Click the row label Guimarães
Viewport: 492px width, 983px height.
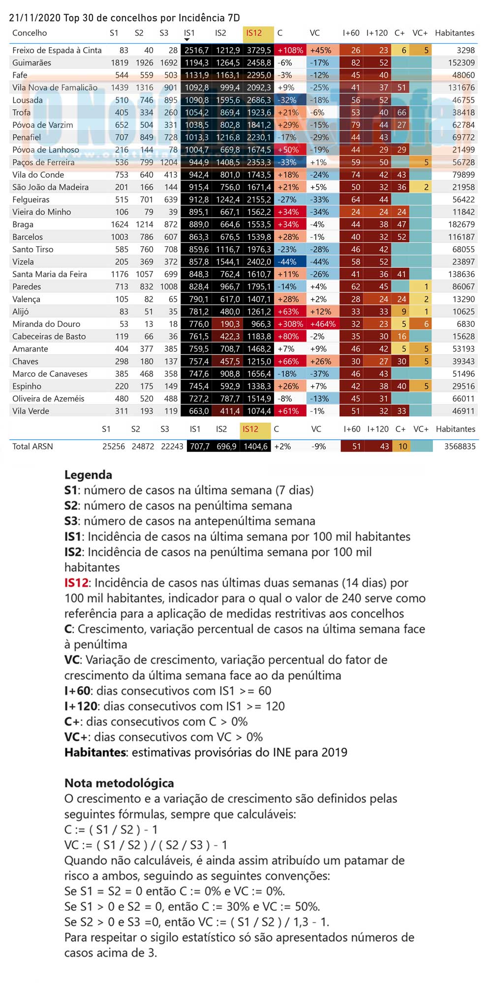[31, 62]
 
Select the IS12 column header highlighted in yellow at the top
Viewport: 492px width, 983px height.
[254, 33]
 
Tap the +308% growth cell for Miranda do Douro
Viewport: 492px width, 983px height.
[290, 324]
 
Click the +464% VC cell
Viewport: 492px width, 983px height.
[323, 324]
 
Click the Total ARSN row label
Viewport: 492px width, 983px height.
[32, 446]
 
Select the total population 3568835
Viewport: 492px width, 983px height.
[460, 446]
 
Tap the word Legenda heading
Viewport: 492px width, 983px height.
[88, 475]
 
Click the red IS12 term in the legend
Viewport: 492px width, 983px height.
[76, 583]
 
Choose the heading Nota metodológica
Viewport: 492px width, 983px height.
[119, 783]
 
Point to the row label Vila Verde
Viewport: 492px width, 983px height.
[31, 411]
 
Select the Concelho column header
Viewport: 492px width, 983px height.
[30, 33]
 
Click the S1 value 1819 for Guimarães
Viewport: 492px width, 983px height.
[120, 62]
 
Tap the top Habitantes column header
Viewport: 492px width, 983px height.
[455, 33]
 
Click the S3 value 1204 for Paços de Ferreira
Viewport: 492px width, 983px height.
[169, 162]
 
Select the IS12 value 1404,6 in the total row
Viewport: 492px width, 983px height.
[256, 446]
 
